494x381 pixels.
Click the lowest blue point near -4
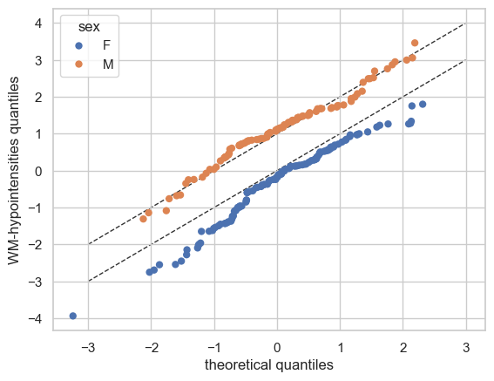(73, 316)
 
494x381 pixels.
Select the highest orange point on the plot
(415, 43)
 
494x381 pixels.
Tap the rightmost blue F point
(423, 104)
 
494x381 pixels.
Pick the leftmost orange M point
(144, 219)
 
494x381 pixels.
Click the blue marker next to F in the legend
(78, 45)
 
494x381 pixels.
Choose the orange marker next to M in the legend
(78, 64)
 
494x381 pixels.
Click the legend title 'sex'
(89, 27)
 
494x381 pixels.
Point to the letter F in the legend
(106, 45)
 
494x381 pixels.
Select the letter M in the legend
(108, 65)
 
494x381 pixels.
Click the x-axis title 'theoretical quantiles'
(269, 365)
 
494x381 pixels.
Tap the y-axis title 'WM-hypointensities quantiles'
(13, 171)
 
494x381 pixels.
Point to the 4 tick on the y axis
(38, 24)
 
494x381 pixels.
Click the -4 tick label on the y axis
(35, 319)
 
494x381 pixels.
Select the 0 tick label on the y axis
(38, 171)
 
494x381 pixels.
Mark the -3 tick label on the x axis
(88, 348)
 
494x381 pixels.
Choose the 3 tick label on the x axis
(466, 348)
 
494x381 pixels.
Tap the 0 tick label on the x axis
(277, 348)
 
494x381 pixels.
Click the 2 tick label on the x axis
(403, 348)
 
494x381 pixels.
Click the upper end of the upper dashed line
(466, 24)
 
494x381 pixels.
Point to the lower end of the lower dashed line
(89, 282)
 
